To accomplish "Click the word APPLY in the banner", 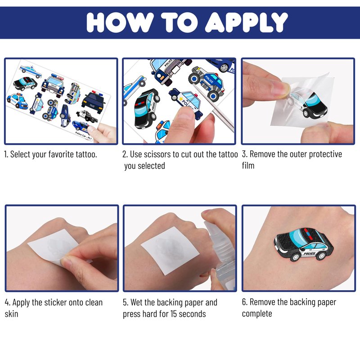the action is pos(246,22).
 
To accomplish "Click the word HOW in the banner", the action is pos(120,22).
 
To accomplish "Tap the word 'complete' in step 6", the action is pos(257,314).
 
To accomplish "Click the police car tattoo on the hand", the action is pos(303,244).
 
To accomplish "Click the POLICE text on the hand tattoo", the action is pos(309,253).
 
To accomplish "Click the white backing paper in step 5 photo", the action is pos(170,250).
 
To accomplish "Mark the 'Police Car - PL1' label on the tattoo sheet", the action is pos(83,136).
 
